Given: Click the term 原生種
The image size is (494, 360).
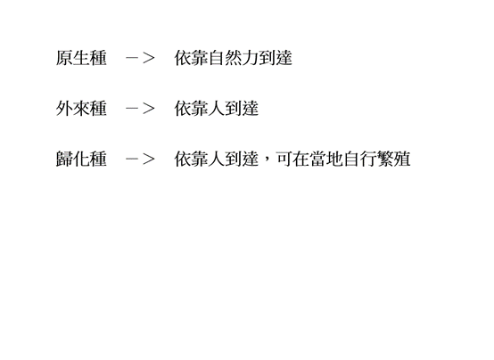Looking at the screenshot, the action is [x=81, y=58].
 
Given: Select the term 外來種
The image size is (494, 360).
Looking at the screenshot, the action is [x=81, y=109].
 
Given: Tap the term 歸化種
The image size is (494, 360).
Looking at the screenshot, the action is [x=81, y=159].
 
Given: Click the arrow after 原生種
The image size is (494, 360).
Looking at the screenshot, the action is [x=140, y=58].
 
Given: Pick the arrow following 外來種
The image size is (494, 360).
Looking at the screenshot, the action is [x=140, y=109].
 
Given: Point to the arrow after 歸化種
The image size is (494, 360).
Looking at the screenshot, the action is [x=140, y=159].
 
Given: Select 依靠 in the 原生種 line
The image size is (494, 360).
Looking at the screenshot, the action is [x=191, y=58].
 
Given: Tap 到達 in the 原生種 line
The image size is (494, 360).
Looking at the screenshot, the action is [x=276, y=58].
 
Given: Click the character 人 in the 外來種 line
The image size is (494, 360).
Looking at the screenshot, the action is [x=217, y=109].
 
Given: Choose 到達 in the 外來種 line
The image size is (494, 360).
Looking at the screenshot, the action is [x=242, y=109].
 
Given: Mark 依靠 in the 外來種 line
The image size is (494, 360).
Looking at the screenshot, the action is [x=191, y=109].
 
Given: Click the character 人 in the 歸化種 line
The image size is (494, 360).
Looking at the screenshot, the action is [x=217, y=159].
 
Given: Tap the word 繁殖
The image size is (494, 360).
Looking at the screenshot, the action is [x=394, y=159].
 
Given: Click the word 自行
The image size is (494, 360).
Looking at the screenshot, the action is [x=360, y=159].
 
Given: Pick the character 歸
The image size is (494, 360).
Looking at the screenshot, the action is [x=64, y=159].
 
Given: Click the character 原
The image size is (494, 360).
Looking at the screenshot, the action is [x=64, y=58].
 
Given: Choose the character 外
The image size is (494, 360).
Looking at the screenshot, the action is [x=64, y=109].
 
